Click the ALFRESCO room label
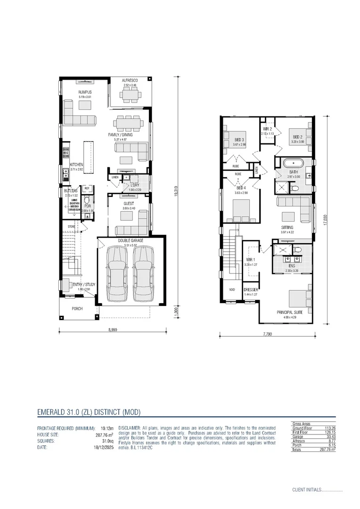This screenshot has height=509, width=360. (130, 81)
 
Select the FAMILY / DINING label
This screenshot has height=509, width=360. (121, 135)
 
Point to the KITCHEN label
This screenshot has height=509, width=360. (77, 164)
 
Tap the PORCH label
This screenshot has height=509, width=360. (77, 309)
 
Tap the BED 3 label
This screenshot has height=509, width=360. (239, 140)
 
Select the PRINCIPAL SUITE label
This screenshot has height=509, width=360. (288, 312)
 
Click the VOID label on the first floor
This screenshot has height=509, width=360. (232, 289)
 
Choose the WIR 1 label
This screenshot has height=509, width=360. (251, 260)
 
